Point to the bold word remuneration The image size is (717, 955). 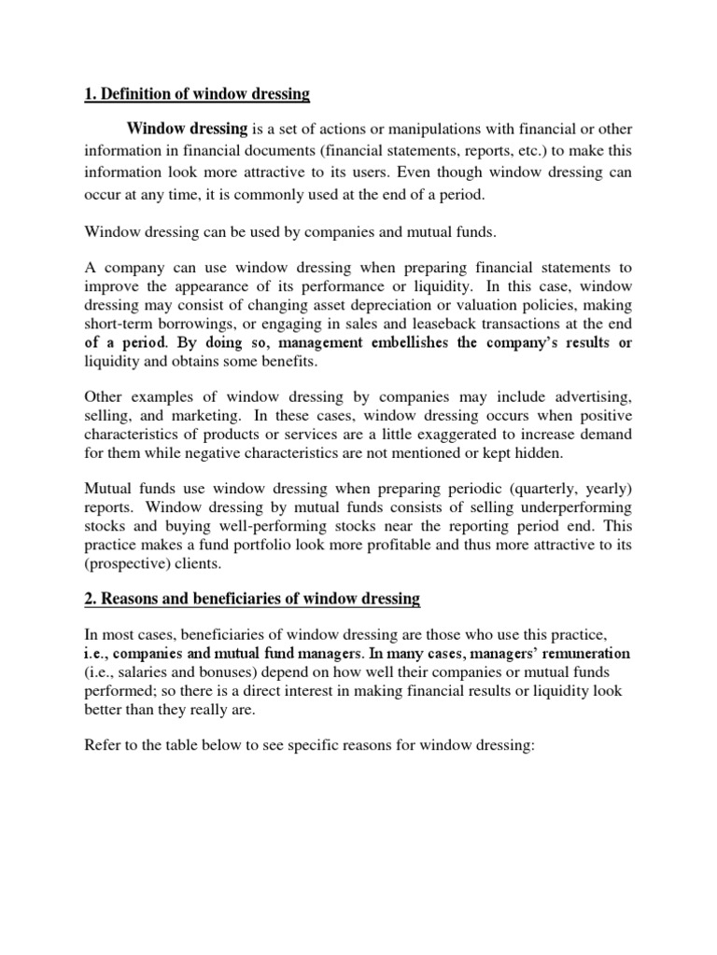580,653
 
